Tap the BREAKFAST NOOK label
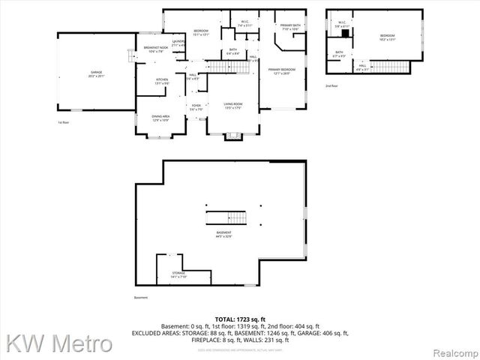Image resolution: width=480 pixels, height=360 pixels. [x=156, y=49]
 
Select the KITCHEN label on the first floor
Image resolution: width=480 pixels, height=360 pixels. [x=162, y=80]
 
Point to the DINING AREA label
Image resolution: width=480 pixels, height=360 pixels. [x=161, y=118]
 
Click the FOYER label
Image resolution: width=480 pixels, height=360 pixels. [x=196, y=107]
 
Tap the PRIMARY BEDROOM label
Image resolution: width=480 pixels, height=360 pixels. [x=283, y=71]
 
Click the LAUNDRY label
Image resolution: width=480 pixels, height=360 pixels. [x=178, y=43]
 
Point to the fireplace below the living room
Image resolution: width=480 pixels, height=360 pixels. [x=234, y=135]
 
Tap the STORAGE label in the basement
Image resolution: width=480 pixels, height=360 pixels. [x=178, y=274]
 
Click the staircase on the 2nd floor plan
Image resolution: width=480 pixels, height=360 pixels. [x=390, y=67]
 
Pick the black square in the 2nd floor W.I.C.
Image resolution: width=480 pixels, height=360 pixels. [x=346, y=34]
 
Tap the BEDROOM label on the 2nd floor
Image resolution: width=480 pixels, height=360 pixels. [x=387, y=37]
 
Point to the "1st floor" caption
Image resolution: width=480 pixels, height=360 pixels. [x=63, y=122]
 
